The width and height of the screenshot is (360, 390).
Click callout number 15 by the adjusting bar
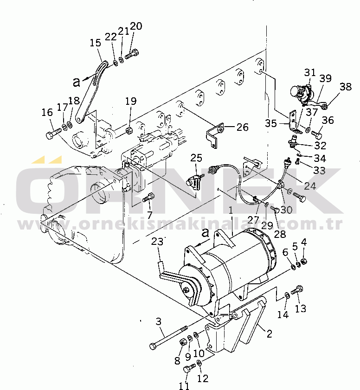[96, 43]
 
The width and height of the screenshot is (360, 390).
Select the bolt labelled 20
[132, 54]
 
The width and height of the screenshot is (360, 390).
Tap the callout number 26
[242, 127]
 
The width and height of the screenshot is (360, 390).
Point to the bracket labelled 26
[215, 135]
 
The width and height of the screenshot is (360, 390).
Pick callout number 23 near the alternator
[157, 242]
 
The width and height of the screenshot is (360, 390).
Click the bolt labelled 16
[53, 133]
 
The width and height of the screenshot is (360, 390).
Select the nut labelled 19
[129, 130]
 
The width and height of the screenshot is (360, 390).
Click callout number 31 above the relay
[310, 73]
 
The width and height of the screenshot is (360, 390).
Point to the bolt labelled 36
[317, 134]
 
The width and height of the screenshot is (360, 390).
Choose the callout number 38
[346, 87]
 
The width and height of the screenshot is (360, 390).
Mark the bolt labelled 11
[189, 368]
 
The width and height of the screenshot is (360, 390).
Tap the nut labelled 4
[304, 261]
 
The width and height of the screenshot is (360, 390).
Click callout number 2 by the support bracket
[270, 333]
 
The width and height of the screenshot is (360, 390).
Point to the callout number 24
[310, 186]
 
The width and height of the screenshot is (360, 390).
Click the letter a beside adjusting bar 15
[77, 82]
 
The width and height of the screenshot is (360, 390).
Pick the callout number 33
[319, 171]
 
